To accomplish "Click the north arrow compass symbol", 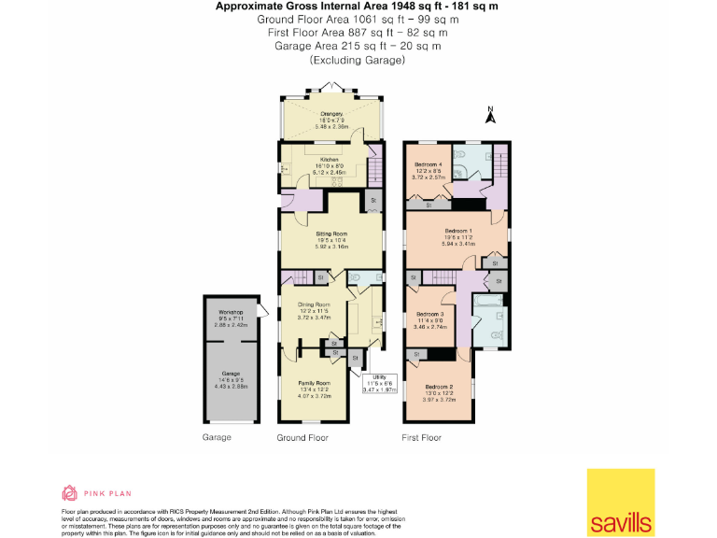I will (489, 116).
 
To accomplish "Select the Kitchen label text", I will (329, 159).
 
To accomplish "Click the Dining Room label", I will (314, 304).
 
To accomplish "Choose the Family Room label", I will (315, 383).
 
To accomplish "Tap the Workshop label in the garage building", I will (231, 312).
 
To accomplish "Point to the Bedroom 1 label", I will (457, 230).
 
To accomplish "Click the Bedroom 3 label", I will (429, 314).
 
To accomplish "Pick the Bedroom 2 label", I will (438, 387).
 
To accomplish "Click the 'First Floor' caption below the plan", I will (423, 436).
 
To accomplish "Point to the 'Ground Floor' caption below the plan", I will (302, 436).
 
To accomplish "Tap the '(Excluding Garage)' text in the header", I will (358, 60).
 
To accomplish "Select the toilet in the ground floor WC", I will (358, 277).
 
